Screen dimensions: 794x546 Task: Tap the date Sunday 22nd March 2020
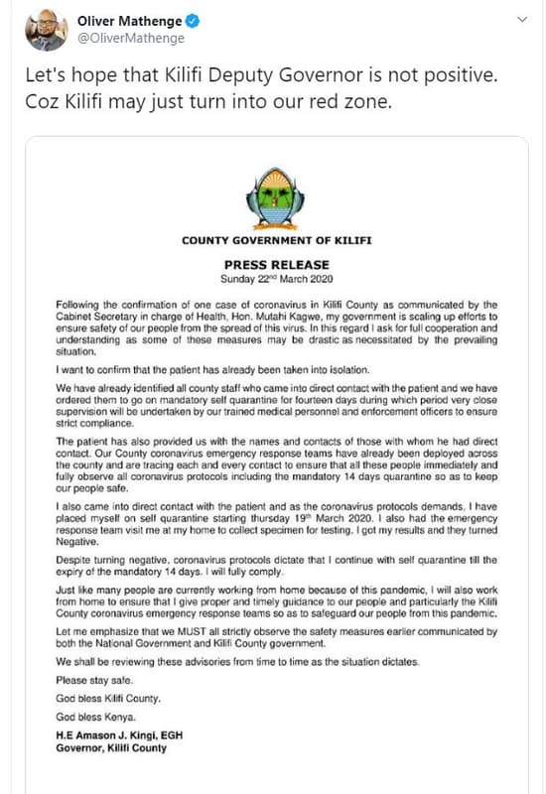click(276, 280)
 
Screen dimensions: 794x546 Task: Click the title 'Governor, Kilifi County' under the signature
click(116, 748)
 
